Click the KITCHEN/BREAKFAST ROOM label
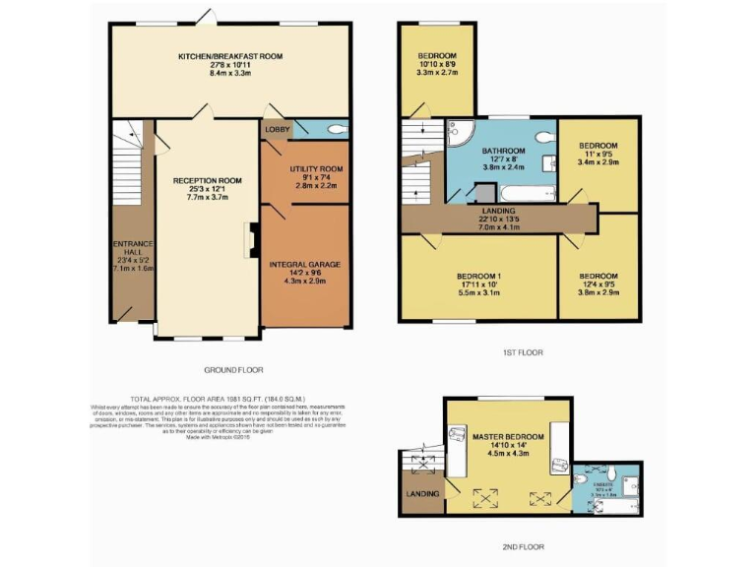(x=230, y=57)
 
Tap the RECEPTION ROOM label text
(x=208, y=181)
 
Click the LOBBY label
(x=276, y=129)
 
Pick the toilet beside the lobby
(x=336, y=129)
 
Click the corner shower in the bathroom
(x=460, y=135)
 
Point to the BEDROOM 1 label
(x=479, y=276)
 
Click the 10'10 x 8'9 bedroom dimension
(x=437, y=64)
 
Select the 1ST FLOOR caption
(x=521, y=351)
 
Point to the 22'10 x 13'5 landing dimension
(x=498, y=220)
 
